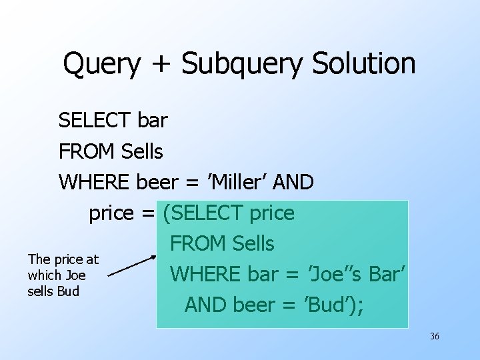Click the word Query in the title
pyautogui.click(x=101, y=64)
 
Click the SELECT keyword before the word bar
pyautogui.click(x=95, y=121)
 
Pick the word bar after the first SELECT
pyautogui.click(x=153, y=121)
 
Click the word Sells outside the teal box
pyautogui.click(x=142, y=151)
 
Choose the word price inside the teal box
pyautogui.click(x=271, y=213)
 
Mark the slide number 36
pyautogui.click(x=435, y=336)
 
